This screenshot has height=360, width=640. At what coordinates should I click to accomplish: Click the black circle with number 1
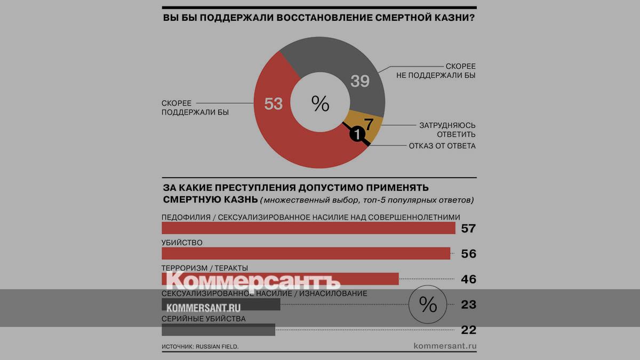click(x=357, y=135)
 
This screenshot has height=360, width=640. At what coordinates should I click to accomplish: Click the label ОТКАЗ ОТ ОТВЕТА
click(x=442, y=146)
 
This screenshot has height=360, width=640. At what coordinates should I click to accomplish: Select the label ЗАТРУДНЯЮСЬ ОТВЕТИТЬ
click(x=447, y=130)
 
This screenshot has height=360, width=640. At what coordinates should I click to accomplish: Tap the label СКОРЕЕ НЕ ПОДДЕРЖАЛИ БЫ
click(x=436, y=70)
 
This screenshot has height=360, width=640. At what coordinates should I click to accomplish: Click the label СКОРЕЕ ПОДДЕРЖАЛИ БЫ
click(x=195, y=108)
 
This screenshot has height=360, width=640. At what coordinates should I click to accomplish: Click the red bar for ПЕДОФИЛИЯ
click(x=308, y=228)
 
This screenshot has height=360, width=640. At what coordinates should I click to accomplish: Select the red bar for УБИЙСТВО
click(x=306, y=253)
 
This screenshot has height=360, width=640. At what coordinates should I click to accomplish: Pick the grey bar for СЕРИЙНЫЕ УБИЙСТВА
click(x=218, y=330)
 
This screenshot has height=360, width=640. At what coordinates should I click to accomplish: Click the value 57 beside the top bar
click(x=468, y=229)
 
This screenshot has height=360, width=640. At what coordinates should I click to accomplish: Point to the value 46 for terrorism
click(x=468, y=279)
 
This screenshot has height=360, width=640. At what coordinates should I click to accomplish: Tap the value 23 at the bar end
click(x=468, y=305)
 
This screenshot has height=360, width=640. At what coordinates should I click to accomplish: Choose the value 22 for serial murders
click(x=468, y=330)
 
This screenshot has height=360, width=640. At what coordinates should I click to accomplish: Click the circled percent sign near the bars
click(x=428, y=304)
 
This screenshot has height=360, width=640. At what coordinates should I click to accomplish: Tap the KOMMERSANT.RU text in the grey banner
click(x=204, y=308)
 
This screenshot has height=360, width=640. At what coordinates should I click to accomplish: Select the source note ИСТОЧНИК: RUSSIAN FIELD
click(x=200, y=347)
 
